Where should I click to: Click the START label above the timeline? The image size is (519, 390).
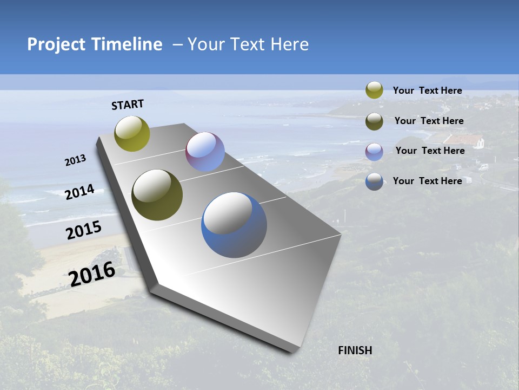[x=128, y=105]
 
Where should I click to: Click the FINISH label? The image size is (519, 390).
[x=355, y=350]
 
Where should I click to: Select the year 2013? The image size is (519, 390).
[x=75, y=160]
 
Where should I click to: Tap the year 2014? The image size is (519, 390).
[x=79, y=192]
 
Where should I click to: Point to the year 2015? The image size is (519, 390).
[x=84, y=230]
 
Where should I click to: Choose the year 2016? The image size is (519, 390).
[x=92, y=274]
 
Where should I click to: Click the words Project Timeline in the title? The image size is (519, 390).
[x=95, y=44]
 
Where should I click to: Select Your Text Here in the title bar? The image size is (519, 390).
[x=248, y=44]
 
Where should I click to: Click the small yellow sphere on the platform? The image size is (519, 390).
[x=132, y=133]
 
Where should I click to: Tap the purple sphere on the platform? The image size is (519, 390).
[x=205, y=152]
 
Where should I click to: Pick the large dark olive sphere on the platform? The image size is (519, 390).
[x=157, y=195]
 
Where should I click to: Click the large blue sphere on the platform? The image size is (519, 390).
[x=234, y=225]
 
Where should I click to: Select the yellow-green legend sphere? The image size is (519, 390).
[x=374, y=90]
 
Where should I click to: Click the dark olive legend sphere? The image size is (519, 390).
[x=374, y=121]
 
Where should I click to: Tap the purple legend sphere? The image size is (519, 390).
[x=374, y=151]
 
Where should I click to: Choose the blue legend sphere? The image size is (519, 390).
[x=374, y=181]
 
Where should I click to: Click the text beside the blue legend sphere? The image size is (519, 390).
[x=427, y=181]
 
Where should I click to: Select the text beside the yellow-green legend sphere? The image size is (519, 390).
[x=427, y=90]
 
